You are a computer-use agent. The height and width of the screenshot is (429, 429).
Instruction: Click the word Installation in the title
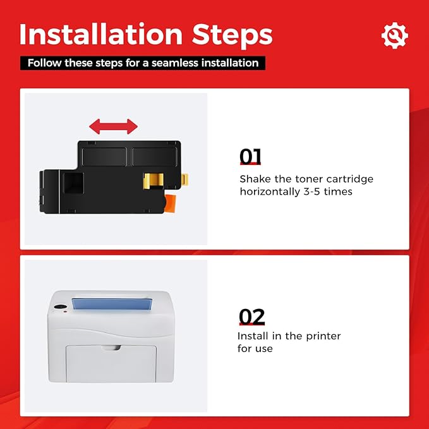pyautogui.click(x=101, y=34)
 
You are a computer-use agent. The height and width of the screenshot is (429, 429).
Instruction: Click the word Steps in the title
pyautogui.click(x=233, y=36)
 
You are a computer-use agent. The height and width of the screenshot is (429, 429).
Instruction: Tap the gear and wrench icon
pyautogui.click(x=394, y=35)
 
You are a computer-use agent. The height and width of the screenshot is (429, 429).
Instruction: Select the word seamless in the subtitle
pyautogui.click(x=175, y=63)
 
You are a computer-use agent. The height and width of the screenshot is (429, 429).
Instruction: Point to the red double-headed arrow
pyautogui.click(x=113, y=126)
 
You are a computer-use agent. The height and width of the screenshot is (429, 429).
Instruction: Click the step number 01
pyautogui.click(x=250, y=157)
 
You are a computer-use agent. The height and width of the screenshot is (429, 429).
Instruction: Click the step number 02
pyautogui.click(x=251, y=317)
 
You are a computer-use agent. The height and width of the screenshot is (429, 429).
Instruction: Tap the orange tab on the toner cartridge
pyautogui.click(x=170, y=204)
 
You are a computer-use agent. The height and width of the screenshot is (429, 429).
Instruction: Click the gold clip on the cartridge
pyautogui.click(x=154, y=181)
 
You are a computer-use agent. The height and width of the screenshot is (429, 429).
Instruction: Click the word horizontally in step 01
pyautogui.click(x=270, y=191)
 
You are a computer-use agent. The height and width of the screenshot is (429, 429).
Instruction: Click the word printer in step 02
pyautogui.click(x=323, y=337)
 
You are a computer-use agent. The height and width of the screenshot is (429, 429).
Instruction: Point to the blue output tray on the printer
pyautogui.click(x=112, y=304)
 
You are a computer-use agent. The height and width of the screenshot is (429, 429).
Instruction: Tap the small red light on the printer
pyautogui.click(x=65, y=311)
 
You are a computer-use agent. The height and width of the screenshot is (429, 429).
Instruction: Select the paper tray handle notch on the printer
pyautogui.click(x=111, y=347)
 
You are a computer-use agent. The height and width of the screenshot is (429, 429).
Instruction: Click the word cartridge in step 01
pyautogui.click(x=350, y=179)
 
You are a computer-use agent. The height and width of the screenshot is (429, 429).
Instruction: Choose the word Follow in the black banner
pyautogui.click(x=45, y=63)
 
